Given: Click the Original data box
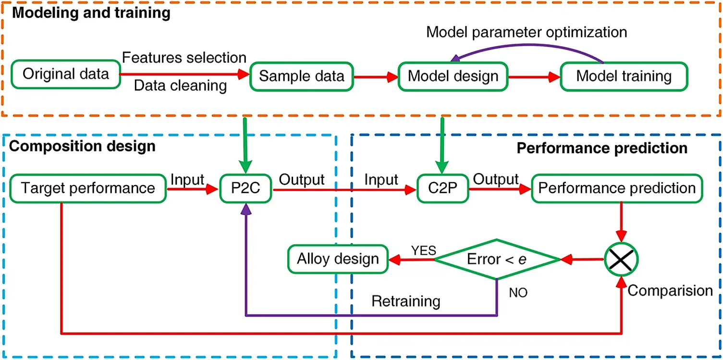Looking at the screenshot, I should (x=66, y=75).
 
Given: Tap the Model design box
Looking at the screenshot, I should (x=453, y=76).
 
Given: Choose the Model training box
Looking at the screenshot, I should (x=624, y=76).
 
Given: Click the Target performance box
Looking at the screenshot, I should (x=88, y=188).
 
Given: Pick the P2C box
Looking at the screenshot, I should (x=245, y=188).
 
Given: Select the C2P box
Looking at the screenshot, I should (x=441, y=188).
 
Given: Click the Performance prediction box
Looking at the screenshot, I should (x=617, y=188).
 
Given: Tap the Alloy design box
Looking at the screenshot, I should (x=338, y=259).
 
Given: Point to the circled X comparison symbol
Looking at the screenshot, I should (x=621, y=259).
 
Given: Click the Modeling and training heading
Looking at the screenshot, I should (x=91, y=13).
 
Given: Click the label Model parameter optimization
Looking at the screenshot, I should (x=527, y=33).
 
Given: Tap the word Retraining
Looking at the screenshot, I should (x=406, y=301).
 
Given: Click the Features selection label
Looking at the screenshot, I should (x=184, y=58).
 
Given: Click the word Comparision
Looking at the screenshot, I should (x=670, y=291).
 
